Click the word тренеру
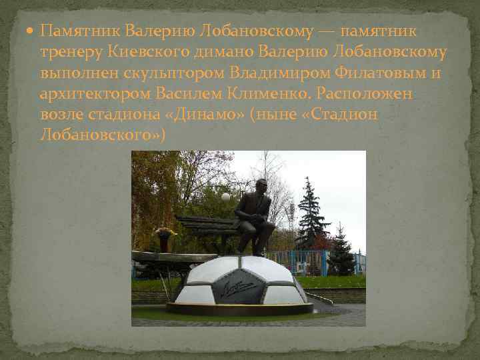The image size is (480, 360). [69, 52]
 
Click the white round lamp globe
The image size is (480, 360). [226, 197]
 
